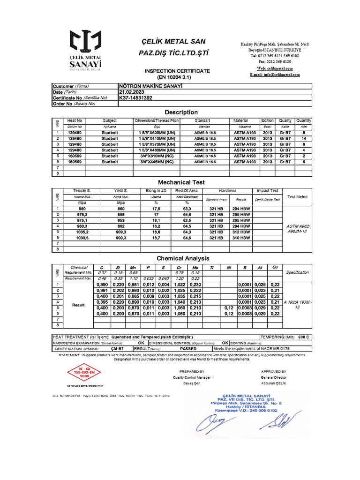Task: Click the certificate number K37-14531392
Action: click(x=136, y=98)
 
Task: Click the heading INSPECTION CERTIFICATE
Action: click(x=177, y=70)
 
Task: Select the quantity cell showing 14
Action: click(x=303, y=139)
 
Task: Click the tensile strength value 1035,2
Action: click(x=82, y=232)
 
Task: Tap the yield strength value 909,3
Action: click(x=121, y=232)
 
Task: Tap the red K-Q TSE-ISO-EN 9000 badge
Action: click(x=78, y=374)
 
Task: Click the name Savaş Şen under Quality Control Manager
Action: click(x=192, y=383)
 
